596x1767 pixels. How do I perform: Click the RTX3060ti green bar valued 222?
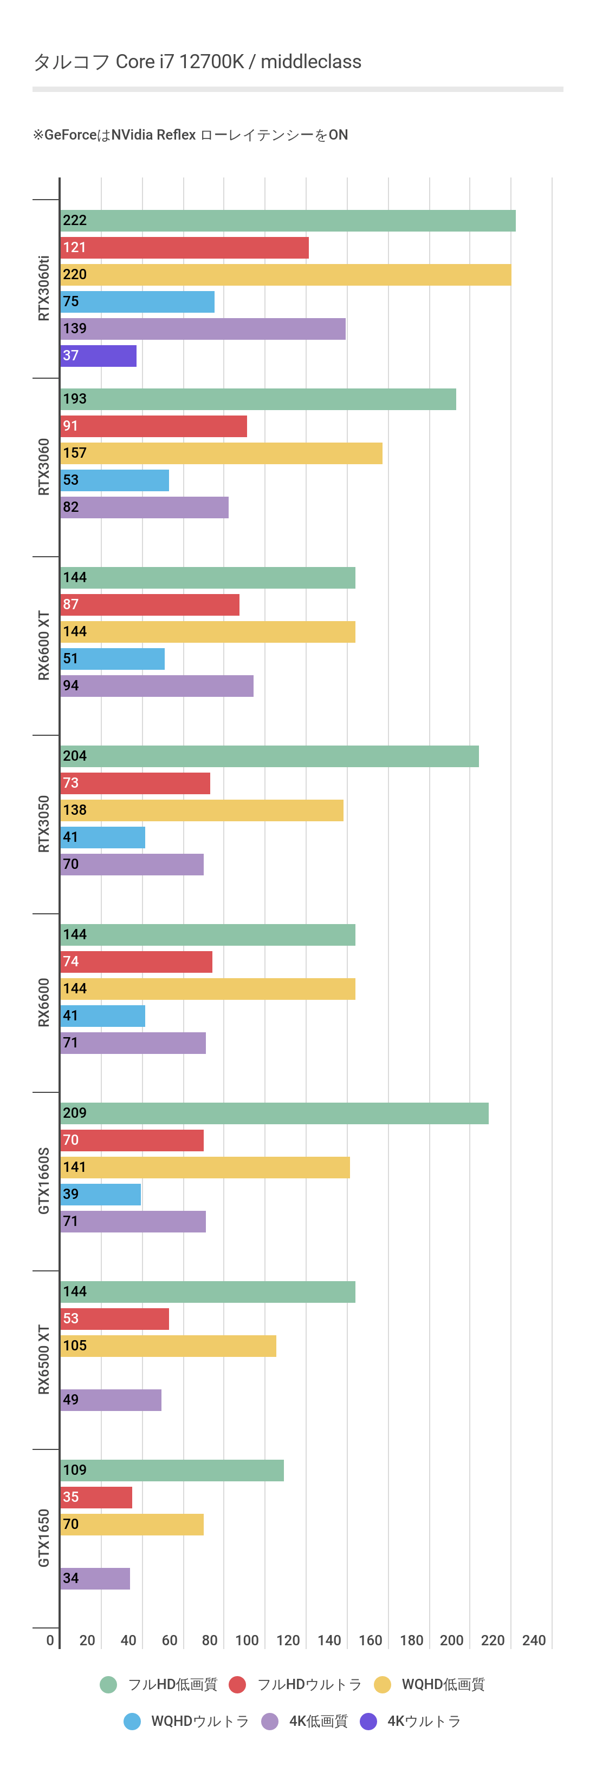(x=288, y=221)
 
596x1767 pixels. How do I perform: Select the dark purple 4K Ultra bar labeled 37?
(x=98, y=356)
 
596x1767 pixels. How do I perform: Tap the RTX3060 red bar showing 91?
(x=153, y=426)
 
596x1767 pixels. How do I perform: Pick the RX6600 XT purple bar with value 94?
(x=157, y=686)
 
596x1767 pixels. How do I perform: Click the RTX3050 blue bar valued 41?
(x=102, y=838)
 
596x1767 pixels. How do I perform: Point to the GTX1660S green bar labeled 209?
(x=274, y=1113)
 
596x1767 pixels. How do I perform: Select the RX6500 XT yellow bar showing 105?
(x=168, y=1346)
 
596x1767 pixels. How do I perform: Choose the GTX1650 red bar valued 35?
(x=96, y=1498)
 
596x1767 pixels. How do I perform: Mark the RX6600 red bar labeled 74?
(x=136, y=962)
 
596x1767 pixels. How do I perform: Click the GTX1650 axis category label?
(x=44, y=1538)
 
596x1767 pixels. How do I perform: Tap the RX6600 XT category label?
(x=44, y=645)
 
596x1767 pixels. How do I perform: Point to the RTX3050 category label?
(x=44, y=824)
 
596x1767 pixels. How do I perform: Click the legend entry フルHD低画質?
(x=172, y=1685)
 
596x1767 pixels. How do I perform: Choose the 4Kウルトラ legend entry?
(x=424, y=1721)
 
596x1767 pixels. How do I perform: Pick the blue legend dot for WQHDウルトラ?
(x=133, y=1721)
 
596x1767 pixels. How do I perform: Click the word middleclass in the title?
(x=311, y=62)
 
